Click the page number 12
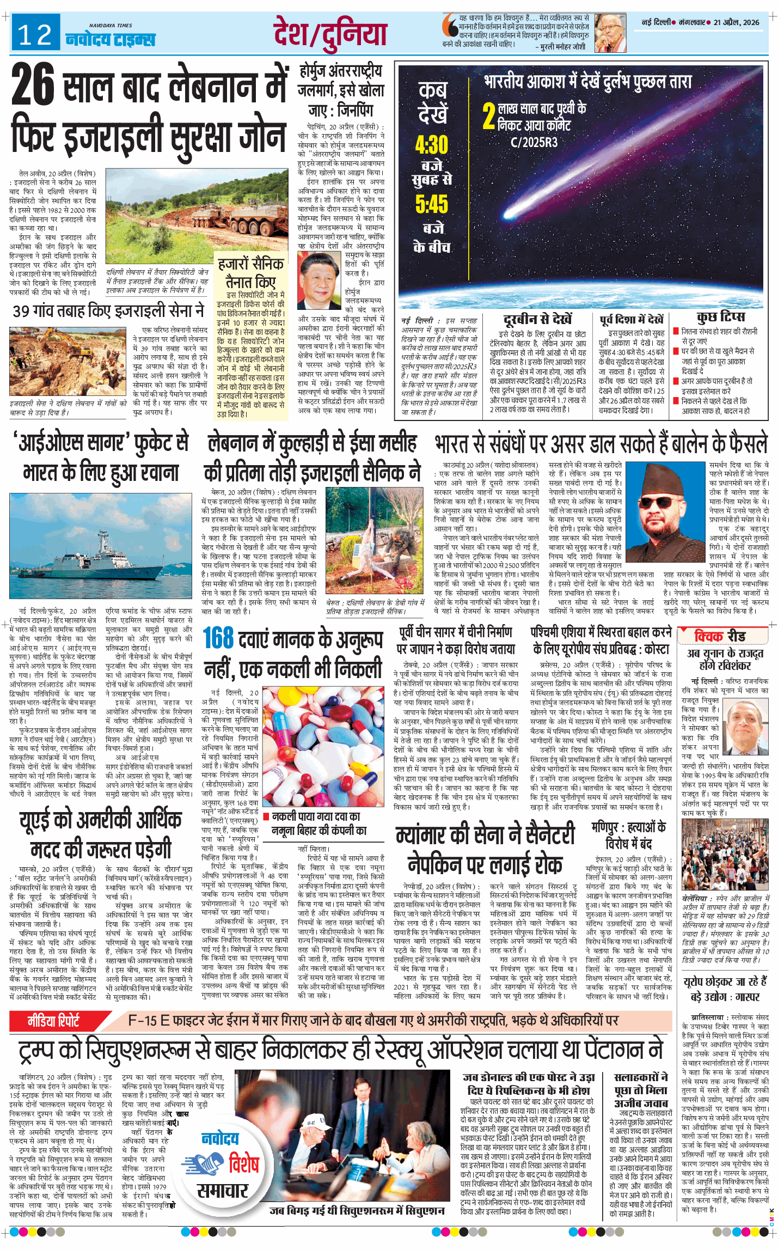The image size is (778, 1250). tap(35, 35)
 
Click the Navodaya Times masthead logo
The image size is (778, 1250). tap(111, 38)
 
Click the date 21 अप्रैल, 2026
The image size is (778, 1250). tap(736, 22)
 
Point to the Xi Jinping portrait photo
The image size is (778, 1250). tap(320, 281)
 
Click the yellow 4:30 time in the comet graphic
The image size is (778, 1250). tap(431, 145)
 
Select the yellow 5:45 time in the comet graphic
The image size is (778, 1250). tap(431, 205)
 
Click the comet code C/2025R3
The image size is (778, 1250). tap(534, 143)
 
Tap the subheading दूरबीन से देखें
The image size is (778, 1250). tap(537, 319)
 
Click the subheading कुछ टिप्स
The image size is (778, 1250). tap(721, 317)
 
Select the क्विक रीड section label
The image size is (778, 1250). tap(719, 636)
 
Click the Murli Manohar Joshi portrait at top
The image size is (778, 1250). tap(610, 33)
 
